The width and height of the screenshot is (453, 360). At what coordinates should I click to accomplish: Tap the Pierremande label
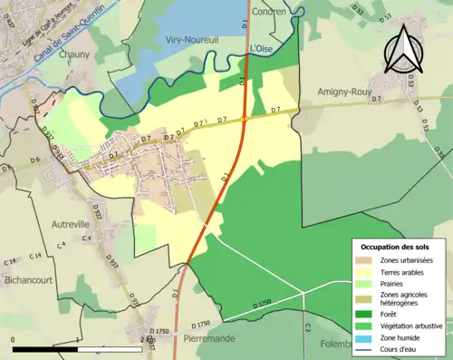(x=208, y=337)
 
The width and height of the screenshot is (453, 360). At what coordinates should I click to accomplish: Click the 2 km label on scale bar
(x=148, y=339)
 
